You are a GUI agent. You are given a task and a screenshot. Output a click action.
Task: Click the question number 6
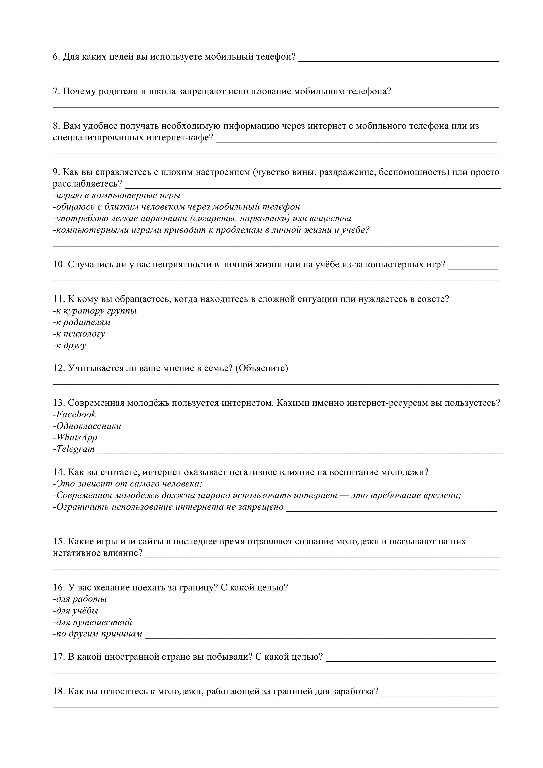tap(56, 57)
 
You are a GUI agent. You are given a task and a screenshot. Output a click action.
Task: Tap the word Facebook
tap(76, 414)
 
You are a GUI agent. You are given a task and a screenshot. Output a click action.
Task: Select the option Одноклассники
tap(89, 426)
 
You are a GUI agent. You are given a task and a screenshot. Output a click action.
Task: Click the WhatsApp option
tap(77, 437)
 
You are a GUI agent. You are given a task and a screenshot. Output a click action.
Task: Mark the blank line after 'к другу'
tap(294, 349)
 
